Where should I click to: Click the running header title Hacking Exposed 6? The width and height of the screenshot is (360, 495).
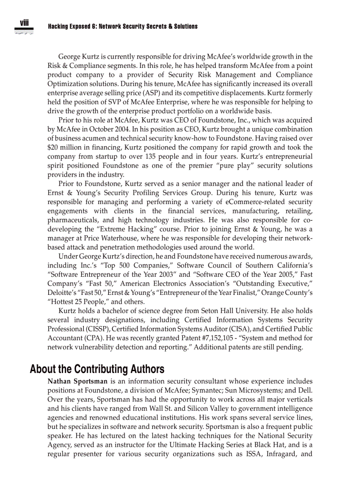click(122, 26)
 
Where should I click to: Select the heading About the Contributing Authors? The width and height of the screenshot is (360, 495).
click(97, 369)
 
